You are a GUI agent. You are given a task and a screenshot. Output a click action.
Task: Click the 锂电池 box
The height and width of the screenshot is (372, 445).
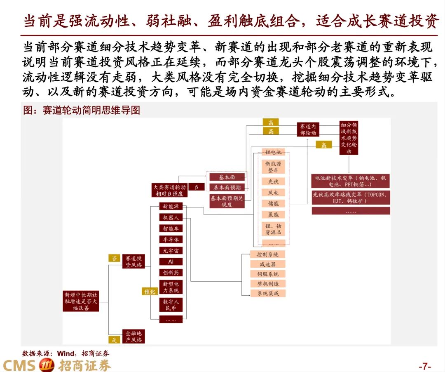click(273, 152)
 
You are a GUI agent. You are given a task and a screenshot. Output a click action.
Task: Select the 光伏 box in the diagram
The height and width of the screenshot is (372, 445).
click(273, 181)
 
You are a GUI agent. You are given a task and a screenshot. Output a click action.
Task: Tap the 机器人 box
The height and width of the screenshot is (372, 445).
click(171, 217)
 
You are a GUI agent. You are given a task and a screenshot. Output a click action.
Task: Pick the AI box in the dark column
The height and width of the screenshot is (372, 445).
click(171, 261)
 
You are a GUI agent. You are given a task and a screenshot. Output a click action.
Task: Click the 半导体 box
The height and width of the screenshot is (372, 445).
click(171, 240)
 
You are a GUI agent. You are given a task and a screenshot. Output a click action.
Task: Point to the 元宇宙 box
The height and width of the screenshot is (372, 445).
click(171, 251)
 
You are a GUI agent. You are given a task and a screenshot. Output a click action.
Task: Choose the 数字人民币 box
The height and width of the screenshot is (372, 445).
click(171, 304)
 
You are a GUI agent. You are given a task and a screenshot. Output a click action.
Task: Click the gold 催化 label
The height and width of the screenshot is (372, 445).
click(150, 291)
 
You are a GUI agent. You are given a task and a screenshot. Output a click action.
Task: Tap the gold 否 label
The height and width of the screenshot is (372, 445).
click(114, 259)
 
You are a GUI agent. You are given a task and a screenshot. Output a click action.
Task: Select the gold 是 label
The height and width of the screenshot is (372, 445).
click(114, 339)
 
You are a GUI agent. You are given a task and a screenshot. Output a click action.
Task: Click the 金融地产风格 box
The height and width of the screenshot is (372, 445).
click(133, 337)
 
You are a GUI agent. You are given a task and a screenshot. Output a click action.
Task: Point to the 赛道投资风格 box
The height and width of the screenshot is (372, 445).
click(133, 261)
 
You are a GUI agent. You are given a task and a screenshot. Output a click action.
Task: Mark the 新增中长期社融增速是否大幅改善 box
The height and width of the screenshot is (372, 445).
click(81, 301)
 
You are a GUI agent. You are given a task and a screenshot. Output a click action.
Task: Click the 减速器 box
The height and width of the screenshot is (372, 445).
click(268, 264)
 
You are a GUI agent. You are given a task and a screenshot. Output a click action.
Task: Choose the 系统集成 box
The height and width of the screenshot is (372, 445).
click(268, 293)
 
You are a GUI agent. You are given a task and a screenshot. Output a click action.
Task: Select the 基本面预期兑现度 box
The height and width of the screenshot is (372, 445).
click(227, 201)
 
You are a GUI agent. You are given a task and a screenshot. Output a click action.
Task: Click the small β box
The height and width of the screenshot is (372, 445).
click(197, 187)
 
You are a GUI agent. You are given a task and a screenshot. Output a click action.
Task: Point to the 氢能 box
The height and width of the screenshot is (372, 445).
click(273, 214)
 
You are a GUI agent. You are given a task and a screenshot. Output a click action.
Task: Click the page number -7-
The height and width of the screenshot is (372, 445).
click(424, 366)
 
